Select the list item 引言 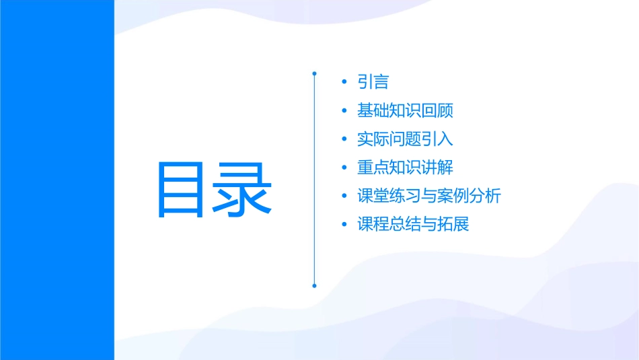373,82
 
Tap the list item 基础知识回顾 410,111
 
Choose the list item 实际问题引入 406,139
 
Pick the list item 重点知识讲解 406,168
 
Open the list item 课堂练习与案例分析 429,196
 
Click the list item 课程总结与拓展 413,224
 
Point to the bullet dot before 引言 344,83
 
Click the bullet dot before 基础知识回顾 344,111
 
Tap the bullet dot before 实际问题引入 344,139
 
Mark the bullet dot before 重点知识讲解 344,168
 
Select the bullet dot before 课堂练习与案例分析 344,196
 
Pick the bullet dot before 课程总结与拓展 344,224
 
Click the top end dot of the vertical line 314,73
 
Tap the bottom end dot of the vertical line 314,285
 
